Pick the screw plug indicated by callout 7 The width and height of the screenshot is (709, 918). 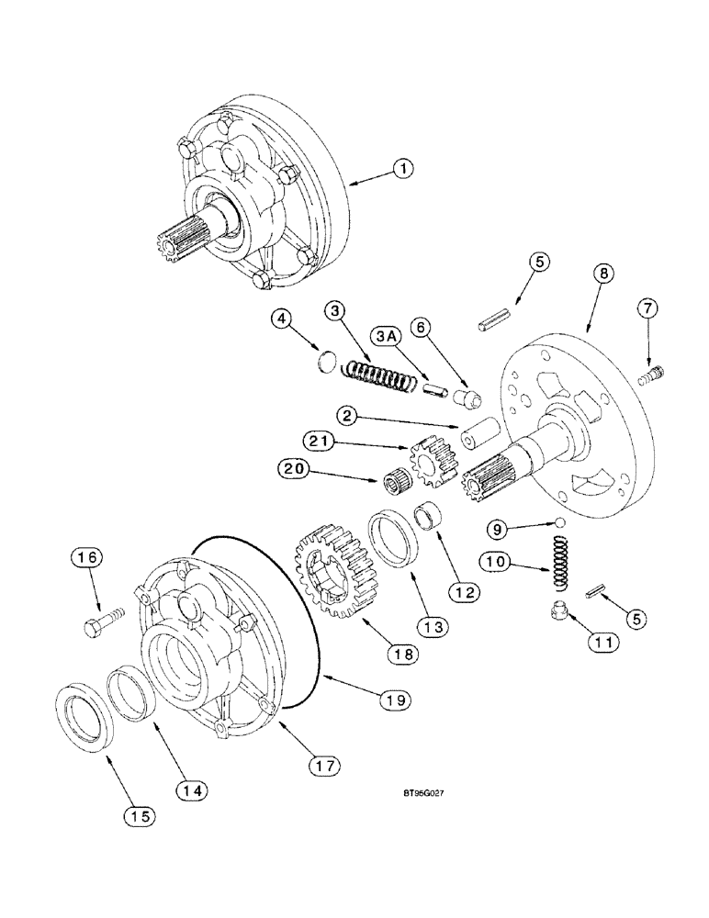(x=654, y=374)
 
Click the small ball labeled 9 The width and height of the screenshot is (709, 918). (x=556, y=523)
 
